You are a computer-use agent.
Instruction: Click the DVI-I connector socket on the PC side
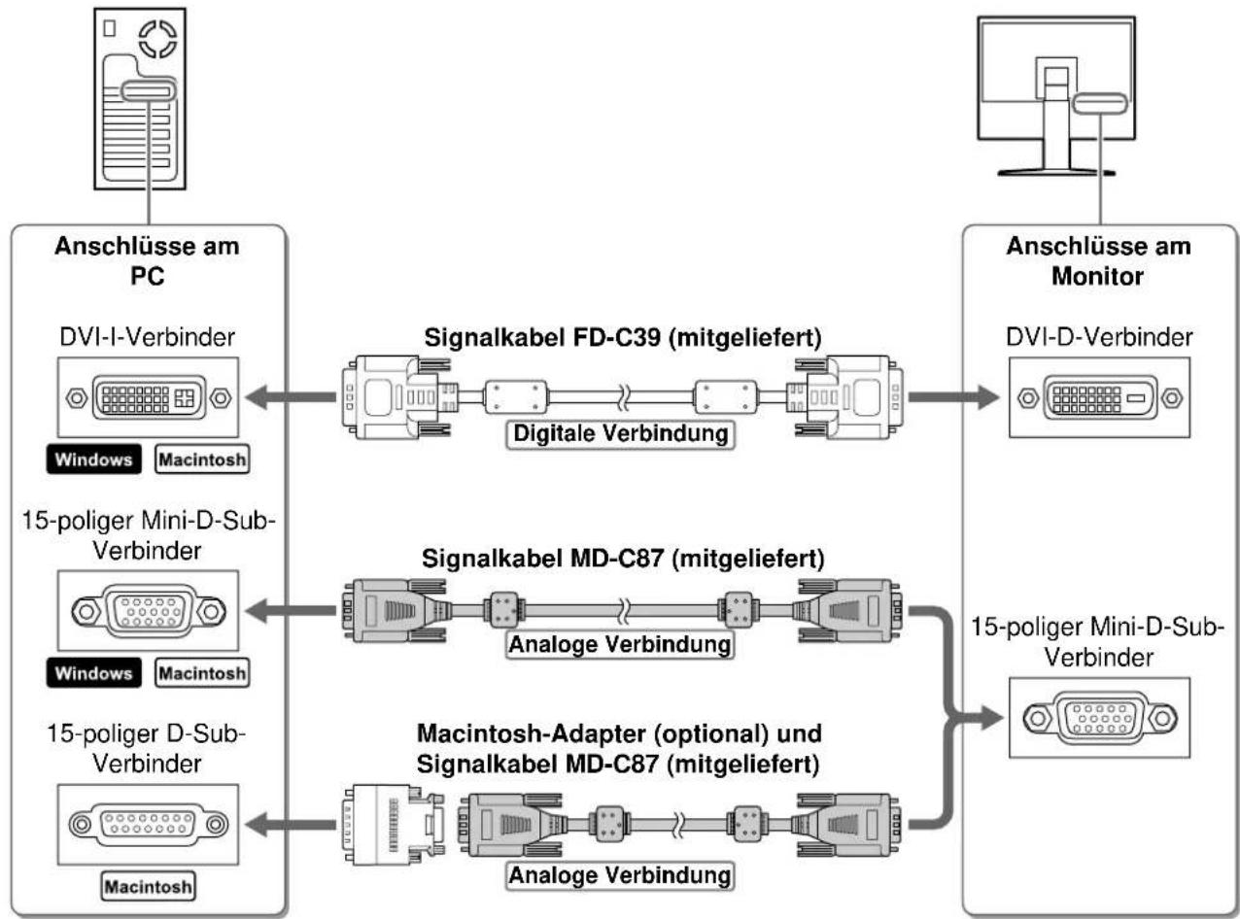148,397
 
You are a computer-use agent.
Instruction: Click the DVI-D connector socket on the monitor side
1099,397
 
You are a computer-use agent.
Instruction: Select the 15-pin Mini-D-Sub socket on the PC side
148,610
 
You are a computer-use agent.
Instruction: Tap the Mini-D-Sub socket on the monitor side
1099,718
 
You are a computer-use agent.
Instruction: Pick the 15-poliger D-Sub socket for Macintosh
148,824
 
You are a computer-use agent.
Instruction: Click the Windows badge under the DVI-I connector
94,459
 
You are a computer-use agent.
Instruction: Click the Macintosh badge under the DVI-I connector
202,459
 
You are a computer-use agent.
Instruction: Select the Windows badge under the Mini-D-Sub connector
94,673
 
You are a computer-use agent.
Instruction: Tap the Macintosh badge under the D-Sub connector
148,887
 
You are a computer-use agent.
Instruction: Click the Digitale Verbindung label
620,434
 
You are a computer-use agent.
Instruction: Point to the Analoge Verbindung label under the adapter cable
619,875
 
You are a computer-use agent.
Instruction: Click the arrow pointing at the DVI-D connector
953,397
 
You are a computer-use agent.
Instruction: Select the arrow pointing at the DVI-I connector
291,397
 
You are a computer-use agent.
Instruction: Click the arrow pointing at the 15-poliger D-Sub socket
291,825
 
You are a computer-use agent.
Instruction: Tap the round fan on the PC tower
157,39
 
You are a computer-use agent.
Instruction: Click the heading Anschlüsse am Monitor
1098,261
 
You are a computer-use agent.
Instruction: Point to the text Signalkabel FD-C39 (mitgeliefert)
623,338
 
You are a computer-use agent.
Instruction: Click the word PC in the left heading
148,276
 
